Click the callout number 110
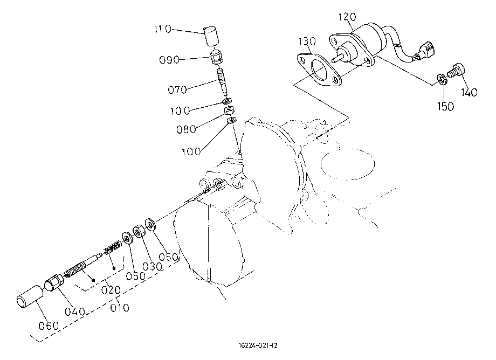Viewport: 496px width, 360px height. pos(163,30)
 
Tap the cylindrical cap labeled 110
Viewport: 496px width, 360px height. pos(211,37)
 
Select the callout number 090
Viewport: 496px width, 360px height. pos(169,60)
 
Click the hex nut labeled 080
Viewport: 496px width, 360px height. pos(229,110)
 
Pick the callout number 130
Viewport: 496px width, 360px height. pos(307,41)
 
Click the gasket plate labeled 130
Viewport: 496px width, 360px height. pos(319,70)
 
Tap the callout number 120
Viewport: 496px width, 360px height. pos(347,17)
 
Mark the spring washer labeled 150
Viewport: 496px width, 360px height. pos(442,79)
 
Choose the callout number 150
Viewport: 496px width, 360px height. pos(445,107)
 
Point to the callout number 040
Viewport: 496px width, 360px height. pos(75,311)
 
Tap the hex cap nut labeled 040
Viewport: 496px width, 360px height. pos(54,282)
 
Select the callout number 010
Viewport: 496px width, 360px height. pos(120,308)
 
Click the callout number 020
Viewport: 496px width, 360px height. pos(111,290)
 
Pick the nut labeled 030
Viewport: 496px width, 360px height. pos(138,232)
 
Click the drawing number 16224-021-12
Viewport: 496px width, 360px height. pos(258,345)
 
